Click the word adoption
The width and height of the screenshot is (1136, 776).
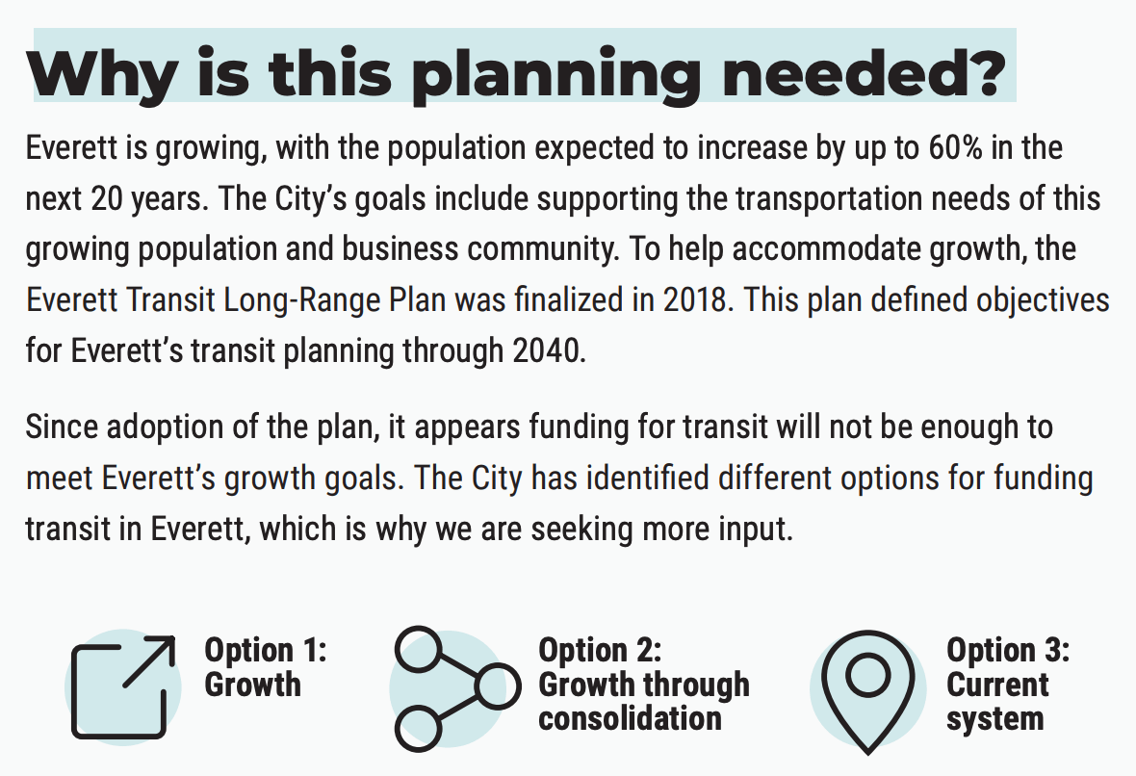tap(158, 427)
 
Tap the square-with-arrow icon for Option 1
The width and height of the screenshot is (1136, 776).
tap(123, 686)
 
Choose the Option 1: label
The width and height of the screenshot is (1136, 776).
tap(266, 650)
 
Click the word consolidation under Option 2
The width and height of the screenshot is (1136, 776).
tap(630, 718)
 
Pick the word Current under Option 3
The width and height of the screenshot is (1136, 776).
tap(997, 685)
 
